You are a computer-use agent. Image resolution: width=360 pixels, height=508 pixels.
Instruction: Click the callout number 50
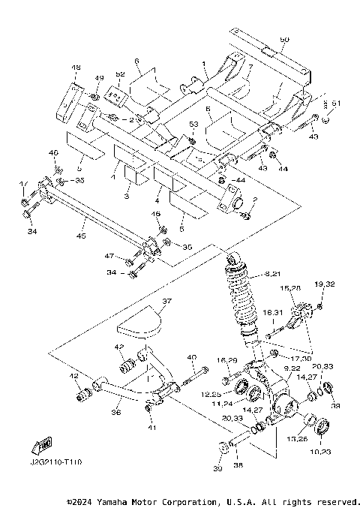click(x=283, y=38)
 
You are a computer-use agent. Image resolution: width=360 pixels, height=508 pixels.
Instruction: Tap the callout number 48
click(x=76, y=68)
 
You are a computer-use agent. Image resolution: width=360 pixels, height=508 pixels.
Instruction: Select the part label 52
click(x=120, y=74)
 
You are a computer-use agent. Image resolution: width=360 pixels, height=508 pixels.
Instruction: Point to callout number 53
click(x=193, y=123)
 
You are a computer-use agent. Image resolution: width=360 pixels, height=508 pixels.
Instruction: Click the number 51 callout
click(x=336, y=103)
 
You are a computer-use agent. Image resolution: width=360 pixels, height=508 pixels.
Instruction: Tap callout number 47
click(x=109, y=257)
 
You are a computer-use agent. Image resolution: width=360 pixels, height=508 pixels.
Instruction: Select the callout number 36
click(x=116, y=412)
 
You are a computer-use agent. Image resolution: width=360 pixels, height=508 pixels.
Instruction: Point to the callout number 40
click(x=191, y=357)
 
